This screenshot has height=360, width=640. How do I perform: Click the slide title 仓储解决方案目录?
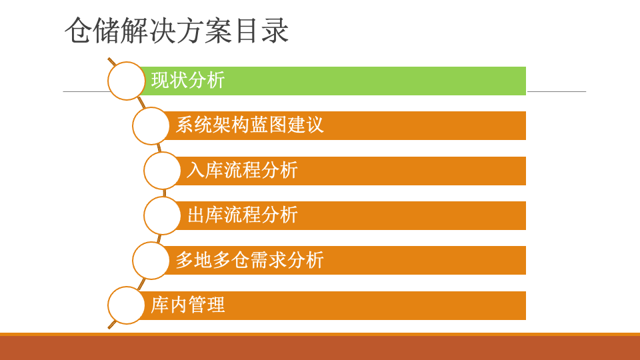pyautogui.click(x=177, y=31)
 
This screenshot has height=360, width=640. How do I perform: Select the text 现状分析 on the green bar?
pyautogui.click(x=188, y=80)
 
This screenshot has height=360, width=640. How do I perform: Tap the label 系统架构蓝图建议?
pyautogui.click(x=250, y=125)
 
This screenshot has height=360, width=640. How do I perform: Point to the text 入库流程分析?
pyautogui.click(x=243, y=170)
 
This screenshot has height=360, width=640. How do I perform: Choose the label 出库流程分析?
pyautogui.click(x=243, y=215)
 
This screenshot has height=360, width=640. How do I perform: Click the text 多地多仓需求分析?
pyautogui.click(x=250, y=260)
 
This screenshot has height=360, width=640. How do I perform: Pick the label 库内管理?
pyautogui.click(x=188, y=305)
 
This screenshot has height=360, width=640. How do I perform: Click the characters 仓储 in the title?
pyautogui.click(x=93, y=31)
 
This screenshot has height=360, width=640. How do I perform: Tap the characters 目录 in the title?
pyautogui.click(x=261, y=31)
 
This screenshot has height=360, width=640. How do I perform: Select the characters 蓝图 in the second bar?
pyautogui.click(x=268, y=125)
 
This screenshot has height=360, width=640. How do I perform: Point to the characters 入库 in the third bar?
pyautogui.click(x=205, y=170)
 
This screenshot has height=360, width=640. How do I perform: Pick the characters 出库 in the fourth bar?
pyautogui.click(x=205, y=215)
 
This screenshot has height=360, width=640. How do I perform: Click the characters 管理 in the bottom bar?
pyautogui.click(x=207, y=305)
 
